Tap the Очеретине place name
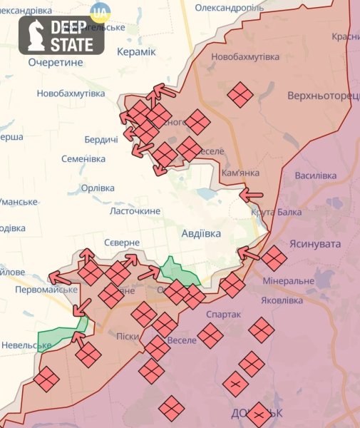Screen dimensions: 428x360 click(x=56, y=62)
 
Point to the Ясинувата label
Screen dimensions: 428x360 click(x=315, y=244)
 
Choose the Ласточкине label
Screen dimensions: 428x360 click(x=135, y=211)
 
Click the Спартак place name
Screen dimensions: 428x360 click(x=223, y=314)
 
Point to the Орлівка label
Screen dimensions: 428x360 click(x=98, y=188)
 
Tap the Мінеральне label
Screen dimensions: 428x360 click(x=288, y=281)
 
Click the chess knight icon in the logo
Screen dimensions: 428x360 click(x=34, y=36)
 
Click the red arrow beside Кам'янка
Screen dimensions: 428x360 click(x=251, y=193)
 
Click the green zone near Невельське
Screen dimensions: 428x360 click(x=63, y=335)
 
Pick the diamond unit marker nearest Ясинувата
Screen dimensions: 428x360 click(x=274, y=258)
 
